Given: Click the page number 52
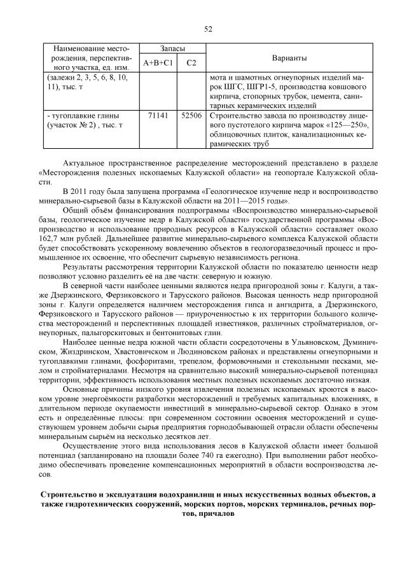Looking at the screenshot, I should coord(207,29).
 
